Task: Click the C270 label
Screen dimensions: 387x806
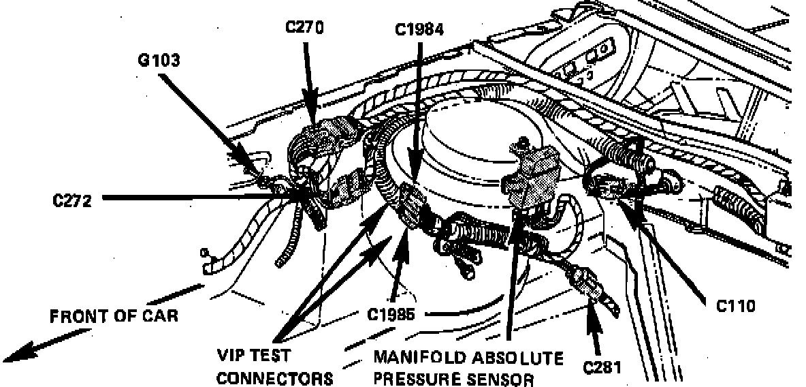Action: coord(304,28)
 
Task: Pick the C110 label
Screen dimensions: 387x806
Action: coord(736,306)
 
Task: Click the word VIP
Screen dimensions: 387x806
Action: coord(231,356)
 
